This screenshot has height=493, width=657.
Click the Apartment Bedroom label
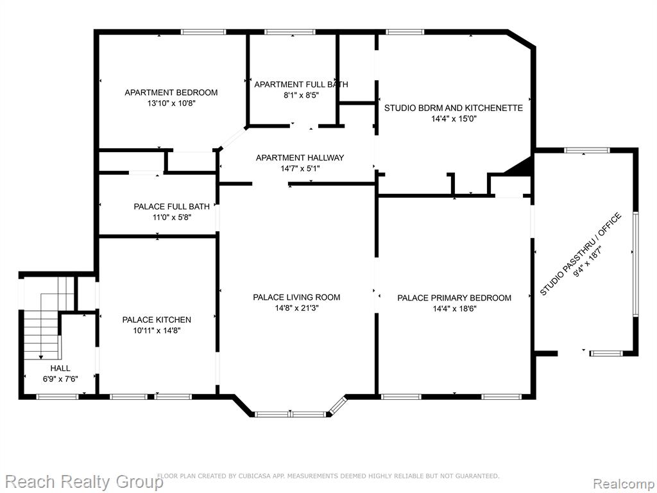171,92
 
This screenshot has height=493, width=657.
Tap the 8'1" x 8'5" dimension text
302,95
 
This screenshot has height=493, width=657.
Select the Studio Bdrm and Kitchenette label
454,108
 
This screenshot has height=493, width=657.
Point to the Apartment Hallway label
300,158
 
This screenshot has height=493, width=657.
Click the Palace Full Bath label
171,206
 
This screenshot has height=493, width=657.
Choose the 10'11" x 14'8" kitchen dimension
157,331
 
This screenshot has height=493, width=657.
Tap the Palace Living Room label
296,297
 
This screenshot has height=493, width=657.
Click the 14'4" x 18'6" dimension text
455,309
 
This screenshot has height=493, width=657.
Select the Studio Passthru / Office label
580,254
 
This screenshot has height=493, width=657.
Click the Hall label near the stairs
60,368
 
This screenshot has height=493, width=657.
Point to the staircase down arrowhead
40,357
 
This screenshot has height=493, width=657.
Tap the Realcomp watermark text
623,483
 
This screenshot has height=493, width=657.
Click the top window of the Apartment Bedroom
203,32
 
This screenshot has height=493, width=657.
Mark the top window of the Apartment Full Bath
289,32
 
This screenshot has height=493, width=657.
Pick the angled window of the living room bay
337,406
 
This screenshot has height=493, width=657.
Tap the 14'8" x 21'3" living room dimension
296,308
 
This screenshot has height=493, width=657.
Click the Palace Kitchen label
157,320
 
